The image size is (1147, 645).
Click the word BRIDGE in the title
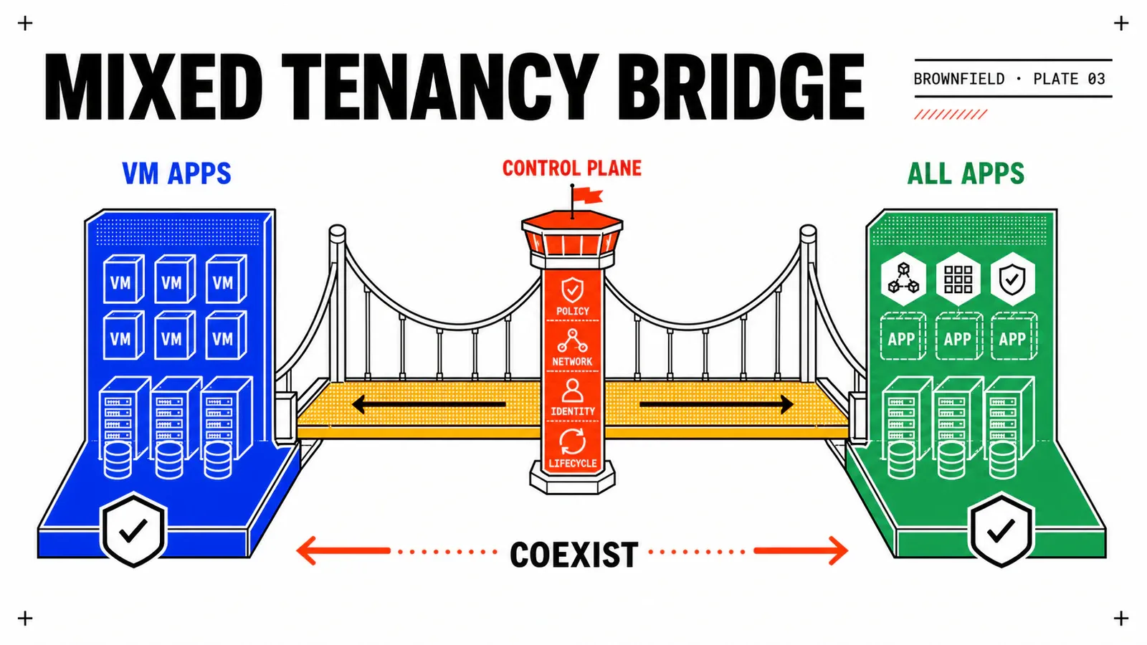pos(742,87)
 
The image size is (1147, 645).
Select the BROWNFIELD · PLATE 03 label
pos(1009,79)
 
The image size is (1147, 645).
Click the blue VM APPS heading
pos(176,173)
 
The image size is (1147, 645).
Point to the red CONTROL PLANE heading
pos(572,168)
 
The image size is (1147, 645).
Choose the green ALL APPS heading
pos(966,173)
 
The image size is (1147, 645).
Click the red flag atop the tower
pos(588,195)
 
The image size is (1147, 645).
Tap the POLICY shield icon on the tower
pos(573,290)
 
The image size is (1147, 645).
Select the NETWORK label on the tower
pos(573,362)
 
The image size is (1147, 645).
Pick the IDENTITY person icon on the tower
pos(573,391)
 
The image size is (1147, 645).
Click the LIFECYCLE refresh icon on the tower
pos(573,441)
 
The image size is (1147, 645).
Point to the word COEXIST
pos(574,555)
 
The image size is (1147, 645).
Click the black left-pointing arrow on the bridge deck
pos(429,404)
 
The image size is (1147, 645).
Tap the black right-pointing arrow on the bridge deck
pos(716,404)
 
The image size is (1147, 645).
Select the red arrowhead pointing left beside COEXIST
pos(306,551)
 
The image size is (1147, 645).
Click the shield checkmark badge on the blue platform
pos(133,530)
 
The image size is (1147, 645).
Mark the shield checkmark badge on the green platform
pos(1001,530)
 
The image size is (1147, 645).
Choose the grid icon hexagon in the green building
pos(958,279)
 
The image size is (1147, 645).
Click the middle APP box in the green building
pos(958,338)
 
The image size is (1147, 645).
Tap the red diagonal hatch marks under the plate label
pos(951,114)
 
